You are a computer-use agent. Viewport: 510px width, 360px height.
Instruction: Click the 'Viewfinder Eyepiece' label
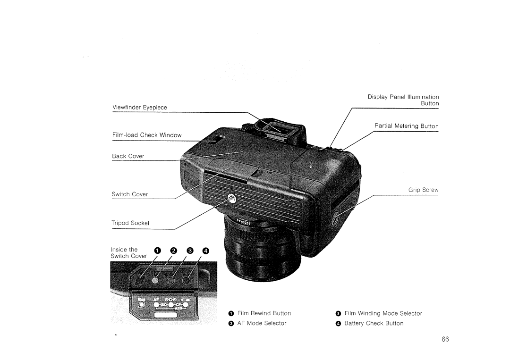tap(139, 107)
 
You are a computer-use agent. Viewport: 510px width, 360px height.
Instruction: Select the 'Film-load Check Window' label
tap(146, 135)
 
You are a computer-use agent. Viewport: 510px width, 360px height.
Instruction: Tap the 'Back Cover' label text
tap(128, 156)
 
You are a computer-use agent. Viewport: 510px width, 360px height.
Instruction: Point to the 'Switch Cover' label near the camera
tap(130, 194)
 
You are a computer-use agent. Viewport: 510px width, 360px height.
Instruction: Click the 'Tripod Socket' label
tap(130, 223)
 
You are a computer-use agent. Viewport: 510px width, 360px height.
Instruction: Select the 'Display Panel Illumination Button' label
tap(403, 100)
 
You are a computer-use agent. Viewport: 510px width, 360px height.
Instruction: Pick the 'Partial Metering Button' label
tap(406, 126)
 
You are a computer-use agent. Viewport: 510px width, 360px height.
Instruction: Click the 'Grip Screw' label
tap(423, 190)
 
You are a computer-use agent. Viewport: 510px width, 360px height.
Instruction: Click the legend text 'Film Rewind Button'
tap(264, 313)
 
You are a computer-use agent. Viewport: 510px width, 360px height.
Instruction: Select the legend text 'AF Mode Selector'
tap(262, 324)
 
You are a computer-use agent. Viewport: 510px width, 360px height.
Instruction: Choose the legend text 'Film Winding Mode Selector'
tap(383, 313)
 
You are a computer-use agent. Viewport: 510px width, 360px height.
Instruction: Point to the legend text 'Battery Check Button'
tap(374, 324)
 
